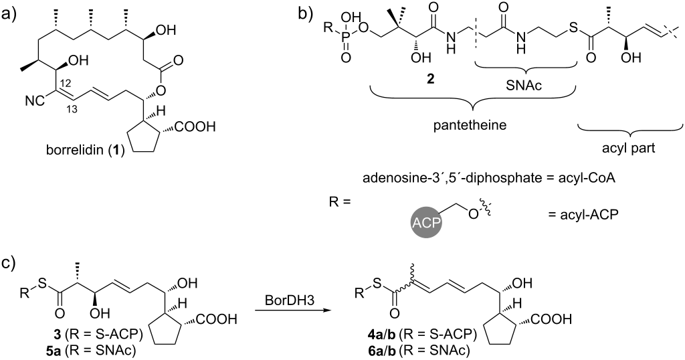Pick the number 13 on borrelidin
click(72, 109)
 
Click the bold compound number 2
click(431, 80)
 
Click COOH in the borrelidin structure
click(195, 127)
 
